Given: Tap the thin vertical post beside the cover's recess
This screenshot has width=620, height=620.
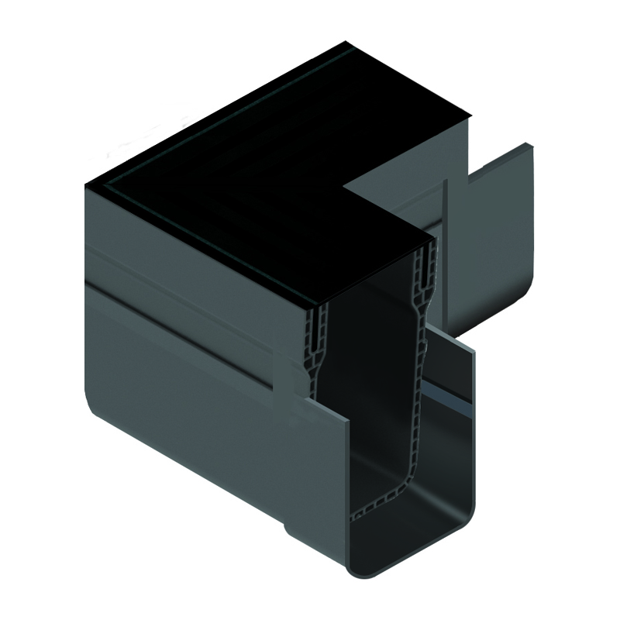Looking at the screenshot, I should tap(445, 232).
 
